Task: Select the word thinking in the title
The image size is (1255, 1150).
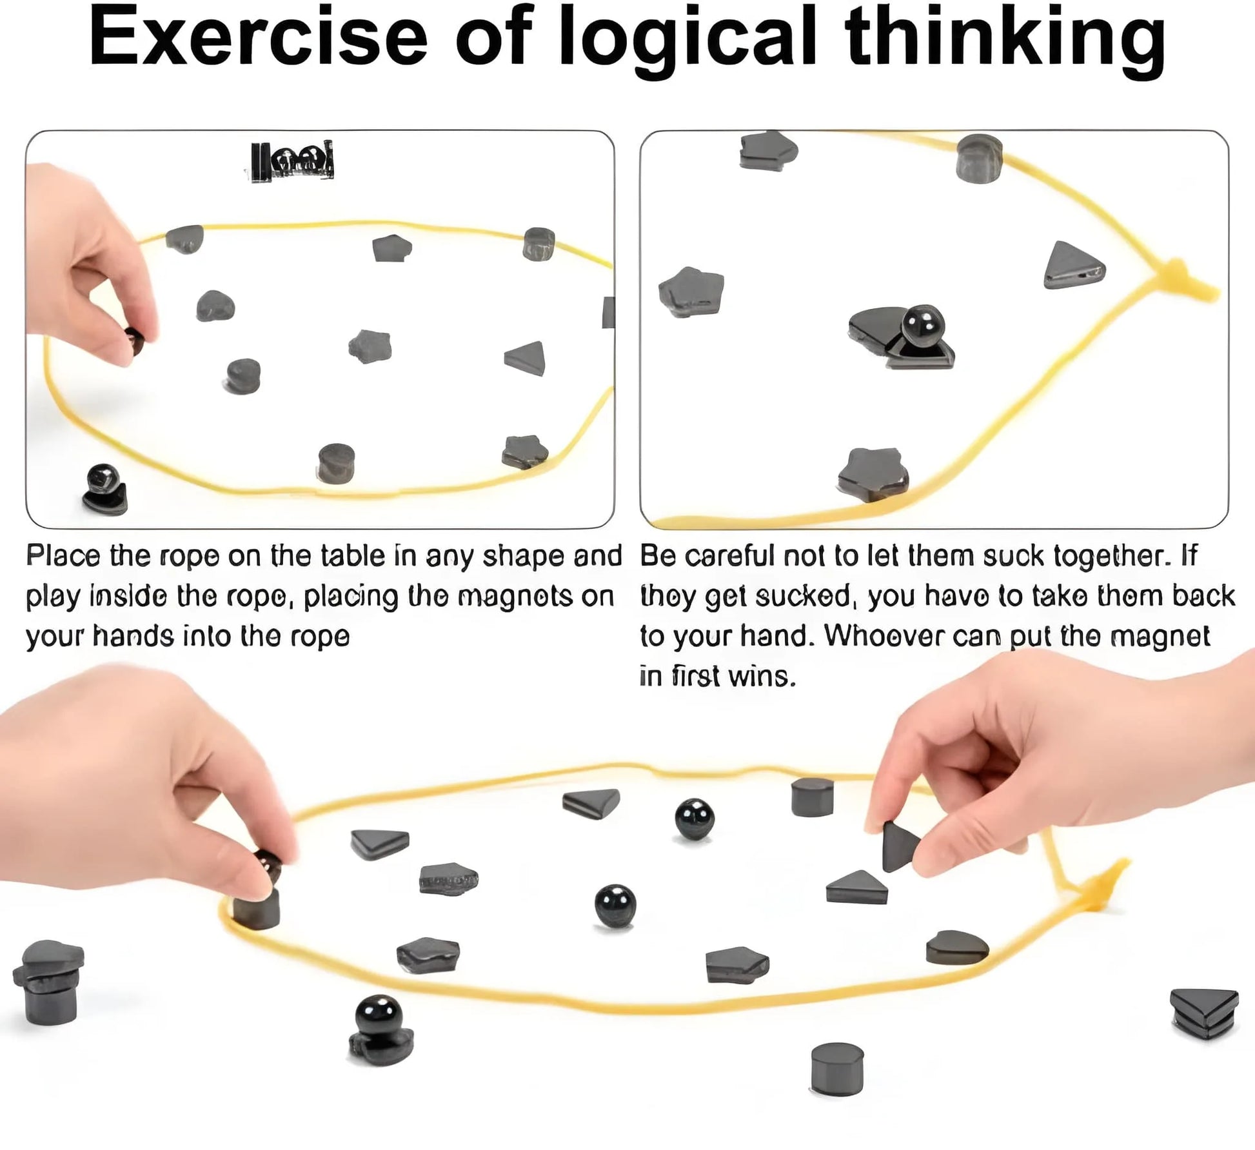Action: pos(1005,43)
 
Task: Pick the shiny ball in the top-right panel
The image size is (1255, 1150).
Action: pos(923,326)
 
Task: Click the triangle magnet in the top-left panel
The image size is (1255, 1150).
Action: pos(526,359)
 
